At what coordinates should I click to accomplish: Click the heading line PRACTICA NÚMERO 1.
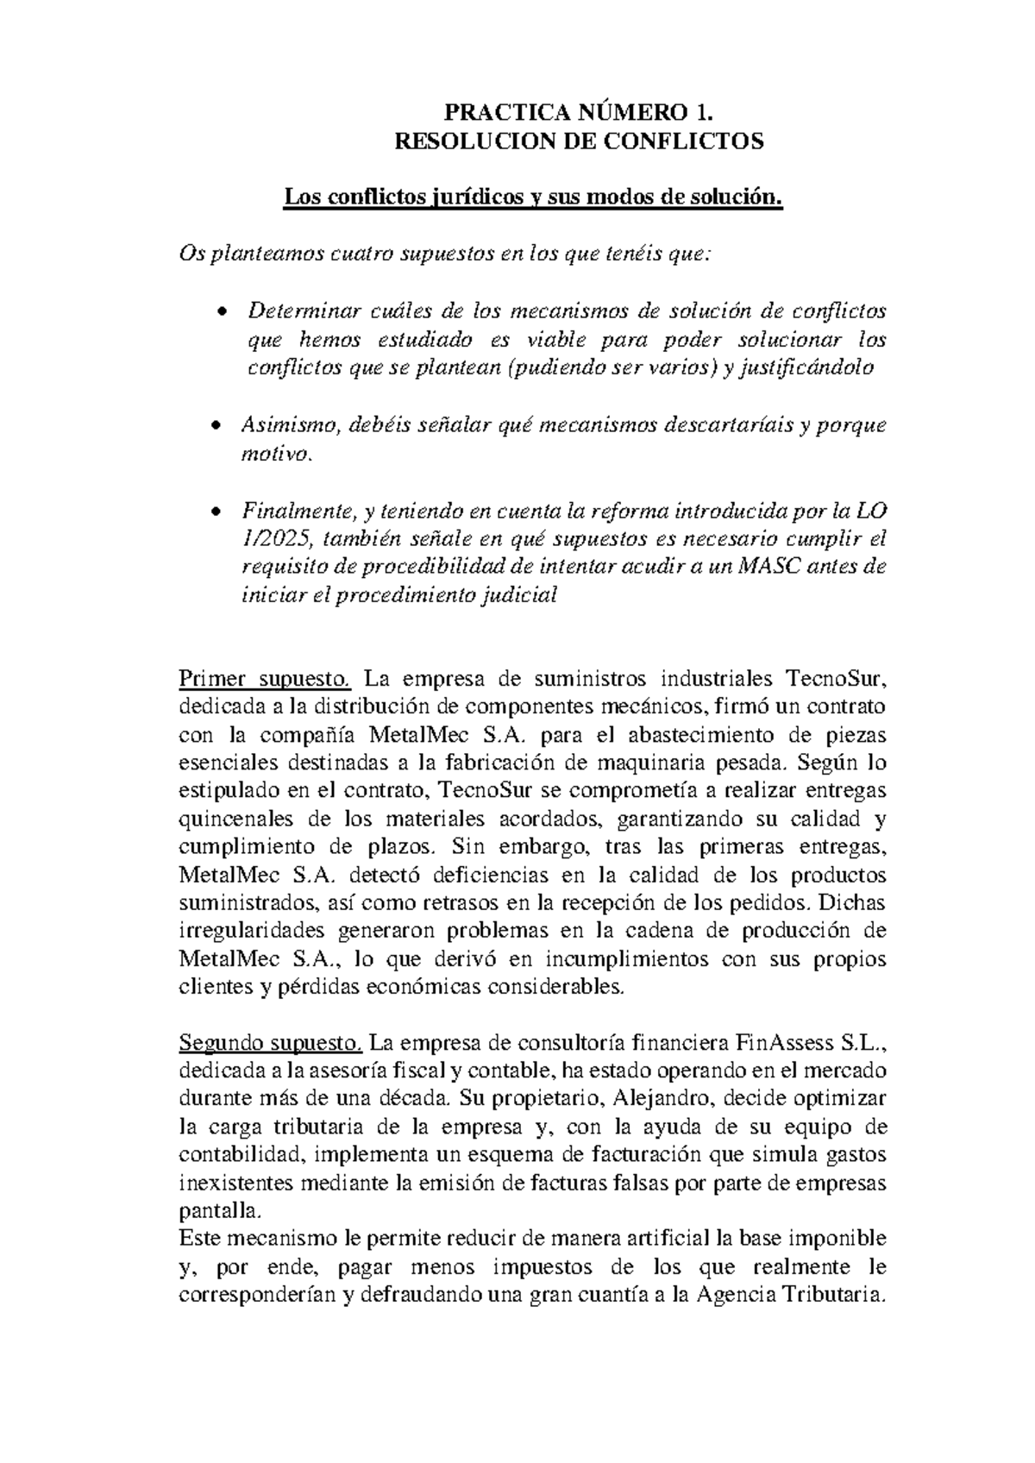coord(579,112)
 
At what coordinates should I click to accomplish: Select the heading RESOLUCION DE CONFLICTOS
coord(579,141)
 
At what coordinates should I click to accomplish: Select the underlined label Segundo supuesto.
coord(271,1042)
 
